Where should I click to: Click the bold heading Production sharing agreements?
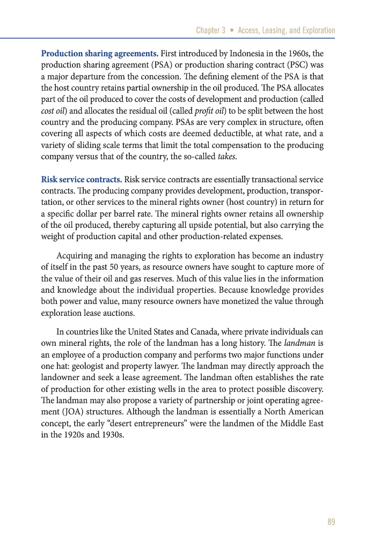[99, 54]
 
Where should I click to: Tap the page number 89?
[331, 522]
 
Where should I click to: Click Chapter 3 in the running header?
[210, 31]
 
